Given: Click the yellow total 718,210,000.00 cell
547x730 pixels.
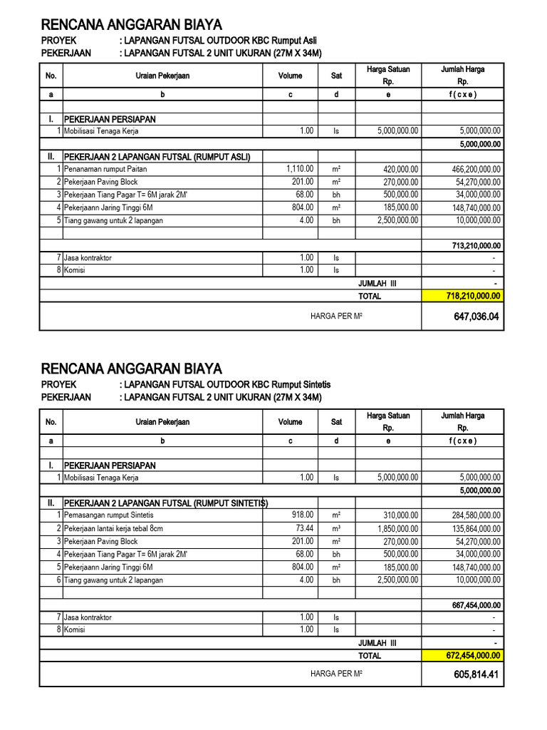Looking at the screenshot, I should coord(463,296).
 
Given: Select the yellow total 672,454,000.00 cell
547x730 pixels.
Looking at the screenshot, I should coord(463,656).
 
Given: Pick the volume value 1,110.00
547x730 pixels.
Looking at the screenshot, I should coord(300,169).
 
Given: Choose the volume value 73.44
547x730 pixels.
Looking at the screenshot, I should coord(303,528).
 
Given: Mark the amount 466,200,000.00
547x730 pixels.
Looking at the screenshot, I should coord(467,169).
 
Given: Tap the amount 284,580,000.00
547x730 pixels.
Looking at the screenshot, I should coord(467,515).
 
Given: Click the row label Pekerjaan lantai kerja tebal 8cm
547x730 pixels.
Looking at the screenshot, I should coord(113,528).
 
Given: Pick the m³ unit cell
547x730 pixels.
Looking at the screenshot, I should coord(336,528).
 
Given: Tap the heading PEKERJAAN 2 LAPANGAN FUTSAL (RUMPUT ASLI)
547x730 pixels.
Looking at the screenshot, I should coord(157,156).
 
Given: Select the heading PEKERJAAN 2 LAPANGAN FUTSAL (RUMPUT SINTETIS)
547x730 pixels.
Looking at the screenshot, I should coord(165,503).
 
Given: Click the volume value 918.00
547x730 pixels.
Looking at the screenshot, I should coord(303,515).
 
